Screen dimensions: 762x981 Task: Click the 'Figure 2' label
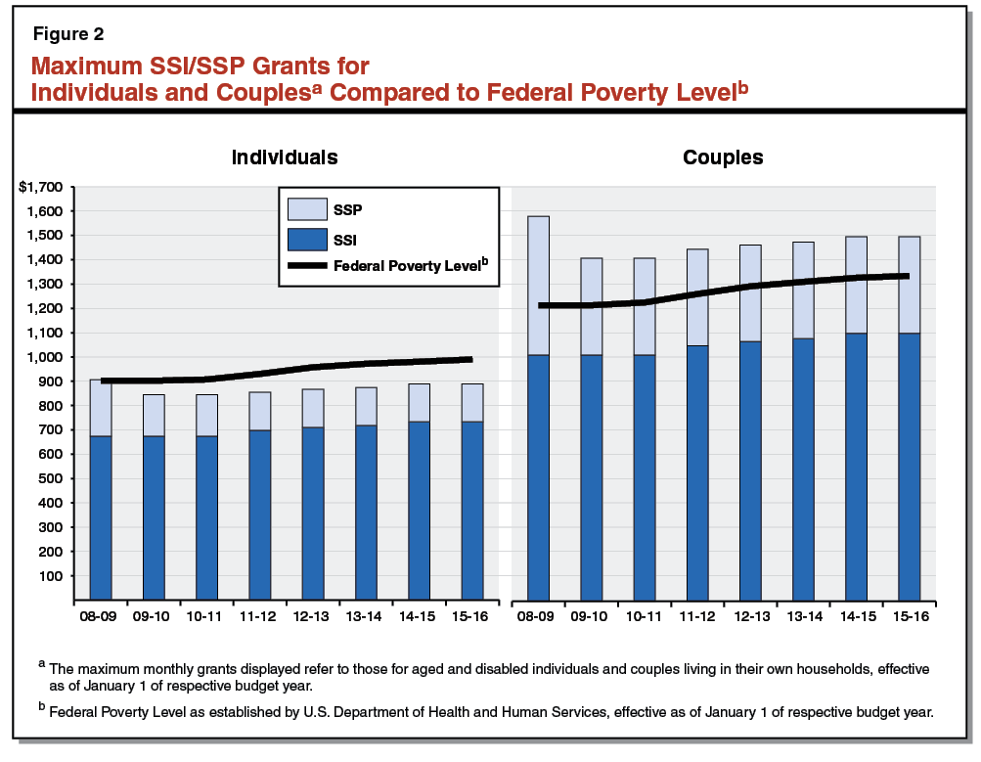(68, 33)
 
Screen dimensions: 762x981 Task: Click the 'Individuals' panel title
(285, 157)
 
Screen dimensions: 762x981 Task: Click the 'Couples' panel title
(723, 157)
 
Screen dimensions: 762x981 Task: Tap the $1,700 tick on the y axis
(40, 187)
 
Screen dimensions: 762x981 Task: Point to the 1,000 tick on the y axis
(45, 357)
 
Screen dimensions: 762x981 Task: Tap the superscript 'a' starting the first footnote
(42, 664)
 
